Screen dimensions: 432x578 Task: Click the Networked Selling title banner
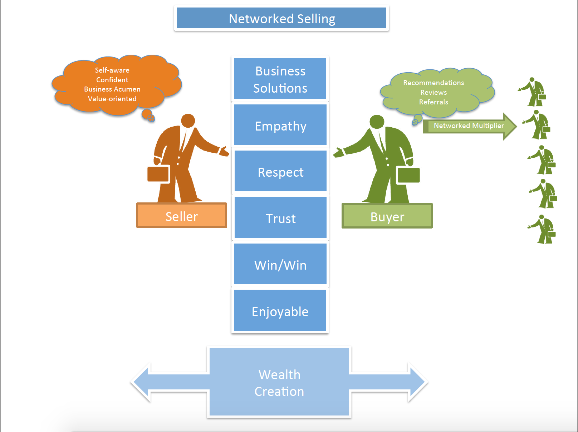[x=281, y=18]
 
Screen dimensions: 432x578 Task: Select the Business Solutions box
[x=280, y=79]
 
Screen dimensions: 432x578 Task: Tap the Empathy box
[x=280, y=126]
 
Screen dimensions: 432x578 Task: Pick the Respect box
[x=280, y=172]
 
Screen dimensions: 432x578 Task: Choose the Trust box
[x=280, y=218]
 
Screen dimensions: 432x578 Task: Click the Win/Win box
[x=280, y=265]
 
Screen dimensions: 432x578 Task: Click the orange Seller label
[x=182, y=216]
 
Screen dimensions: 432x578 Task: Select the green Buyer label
[x=387, y=216]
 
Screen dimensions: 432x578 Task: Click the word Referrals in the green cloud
[x=433, y=102]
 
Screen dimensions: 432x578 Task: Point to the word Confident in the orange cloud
[x=112, y=80]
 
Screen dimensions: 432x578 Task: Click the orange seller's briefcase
[x=158, y=174]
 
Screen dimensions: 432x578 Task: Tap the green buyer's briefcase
[x=408, y=175]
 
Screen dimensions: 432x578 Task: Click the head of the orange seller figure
[x=188, y=121]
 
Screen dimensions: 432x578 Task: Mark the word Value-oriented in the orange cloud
[x=112, y=99]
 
